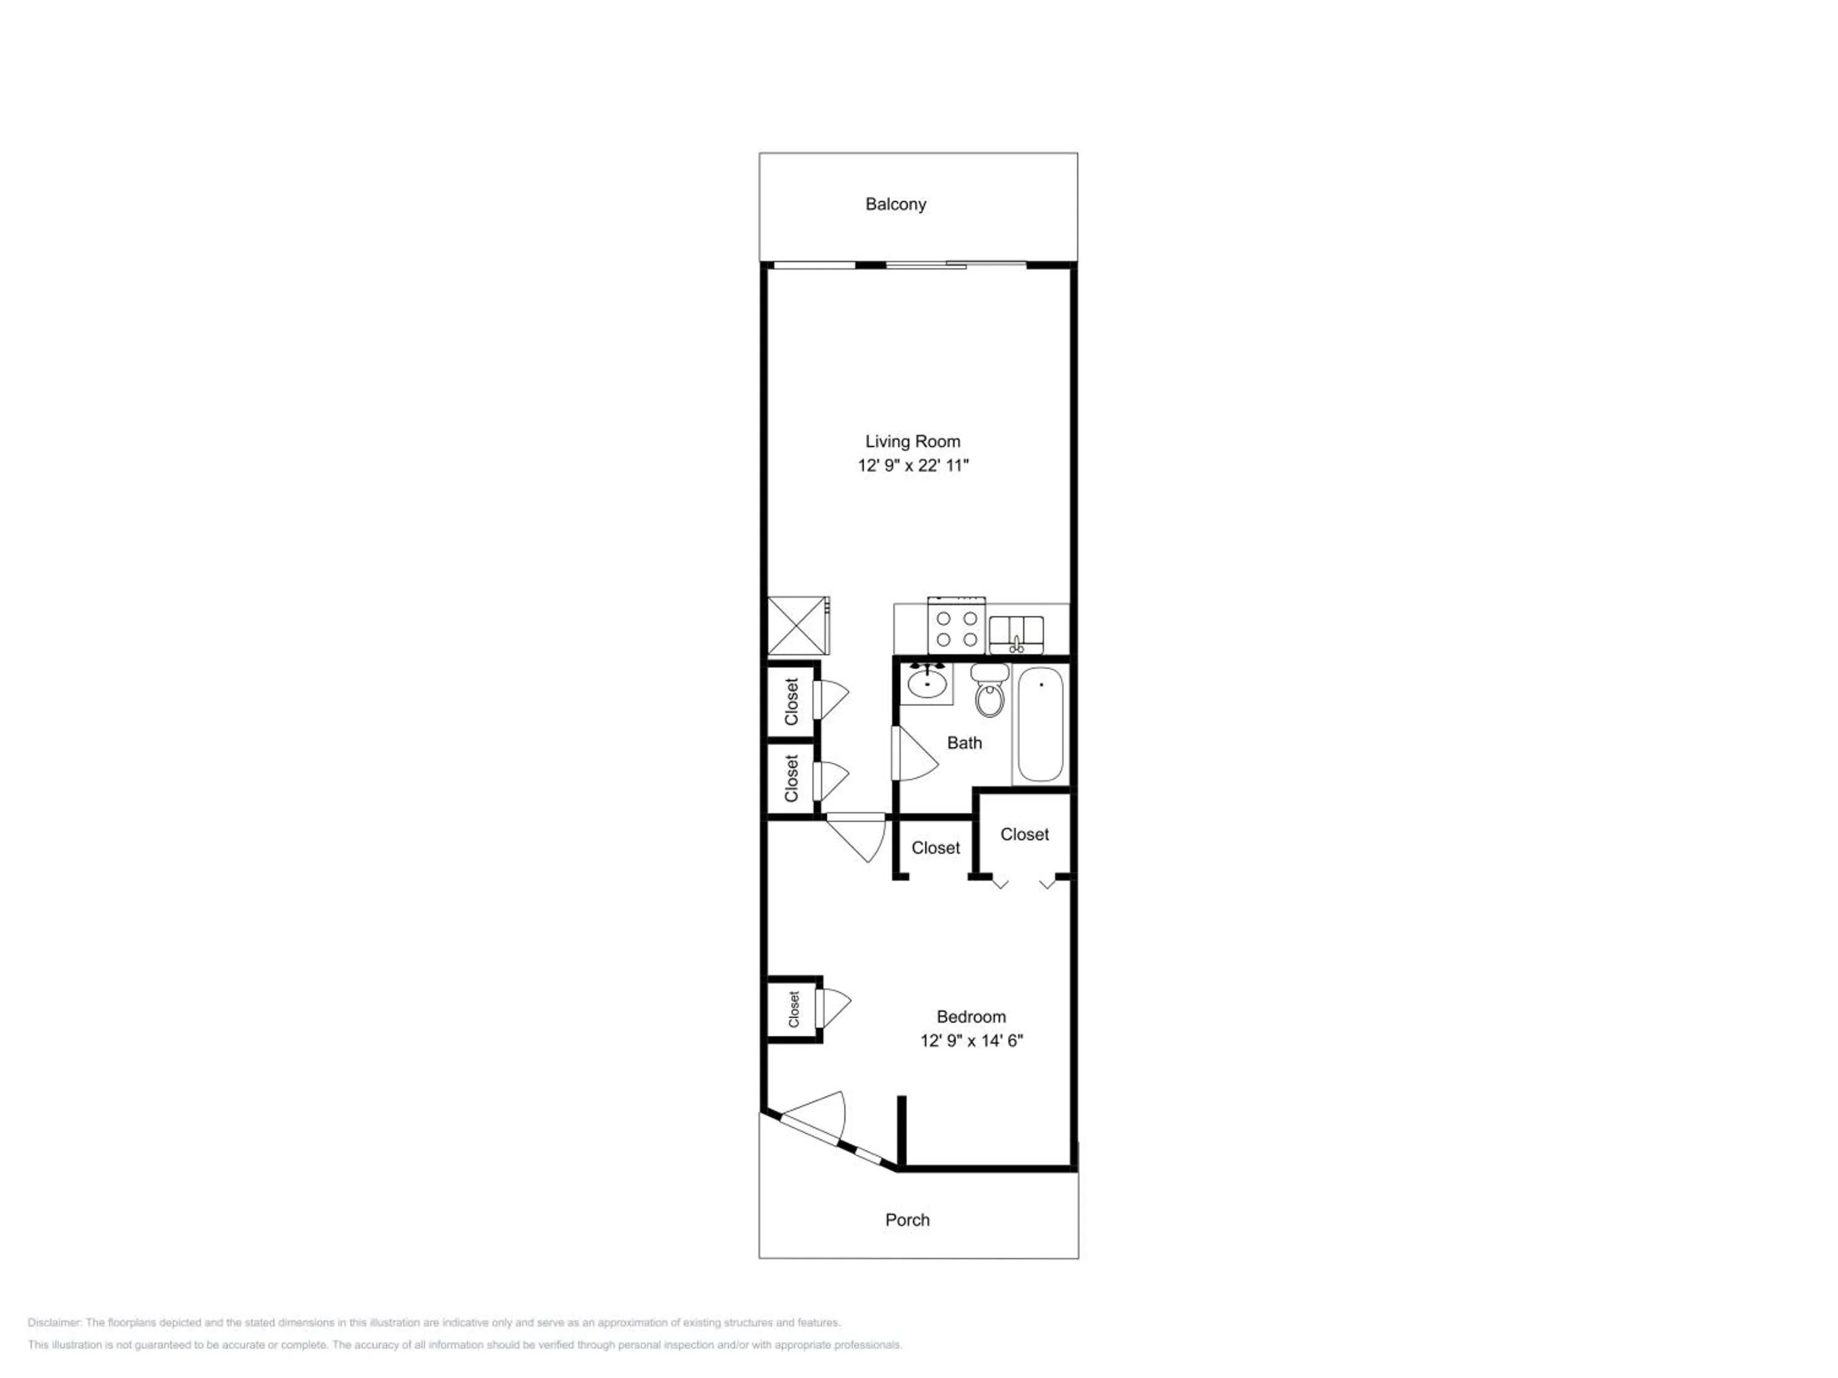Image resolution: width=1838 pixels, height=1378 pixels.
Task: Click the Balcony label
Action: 895,205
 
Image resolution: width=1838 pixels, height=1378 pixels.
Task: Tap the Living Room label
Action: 912,442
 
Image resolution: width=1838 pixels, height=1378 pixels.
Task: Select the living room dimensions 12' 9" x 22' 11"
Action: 913,465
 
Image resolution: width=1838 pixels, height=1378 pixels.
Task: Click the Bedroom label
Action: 970,1017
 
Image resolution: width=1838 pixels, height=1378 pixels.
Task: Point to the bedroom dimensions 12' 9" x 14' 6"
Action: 970,1040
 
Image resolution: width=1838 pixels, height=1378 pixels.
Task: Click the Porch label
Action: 907,1220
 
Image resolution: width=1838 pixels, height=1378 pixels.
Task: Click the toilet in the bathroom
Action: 989,690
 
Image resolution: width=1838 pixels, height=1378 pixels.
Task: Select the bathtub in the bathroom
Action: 1040,725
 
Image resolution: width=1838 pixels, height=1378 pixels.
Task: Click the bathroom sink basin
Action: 926,683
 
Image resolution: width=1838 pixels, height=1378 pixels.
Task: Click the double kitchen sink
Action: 1016,634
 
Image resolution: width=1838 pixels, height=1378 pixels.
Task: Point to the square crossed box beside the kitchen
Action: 797,625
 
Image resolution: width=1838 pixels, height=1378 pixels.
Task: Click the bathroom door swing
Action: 915,754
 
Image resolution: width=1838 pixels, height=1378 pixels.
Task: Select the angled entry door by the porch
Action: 812,1118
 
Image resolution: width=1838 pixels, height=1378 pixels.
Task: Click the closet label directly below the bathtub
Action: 1024,834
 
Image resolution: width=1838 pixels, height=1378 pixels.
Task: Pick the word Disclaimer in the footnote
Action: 53,1322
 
